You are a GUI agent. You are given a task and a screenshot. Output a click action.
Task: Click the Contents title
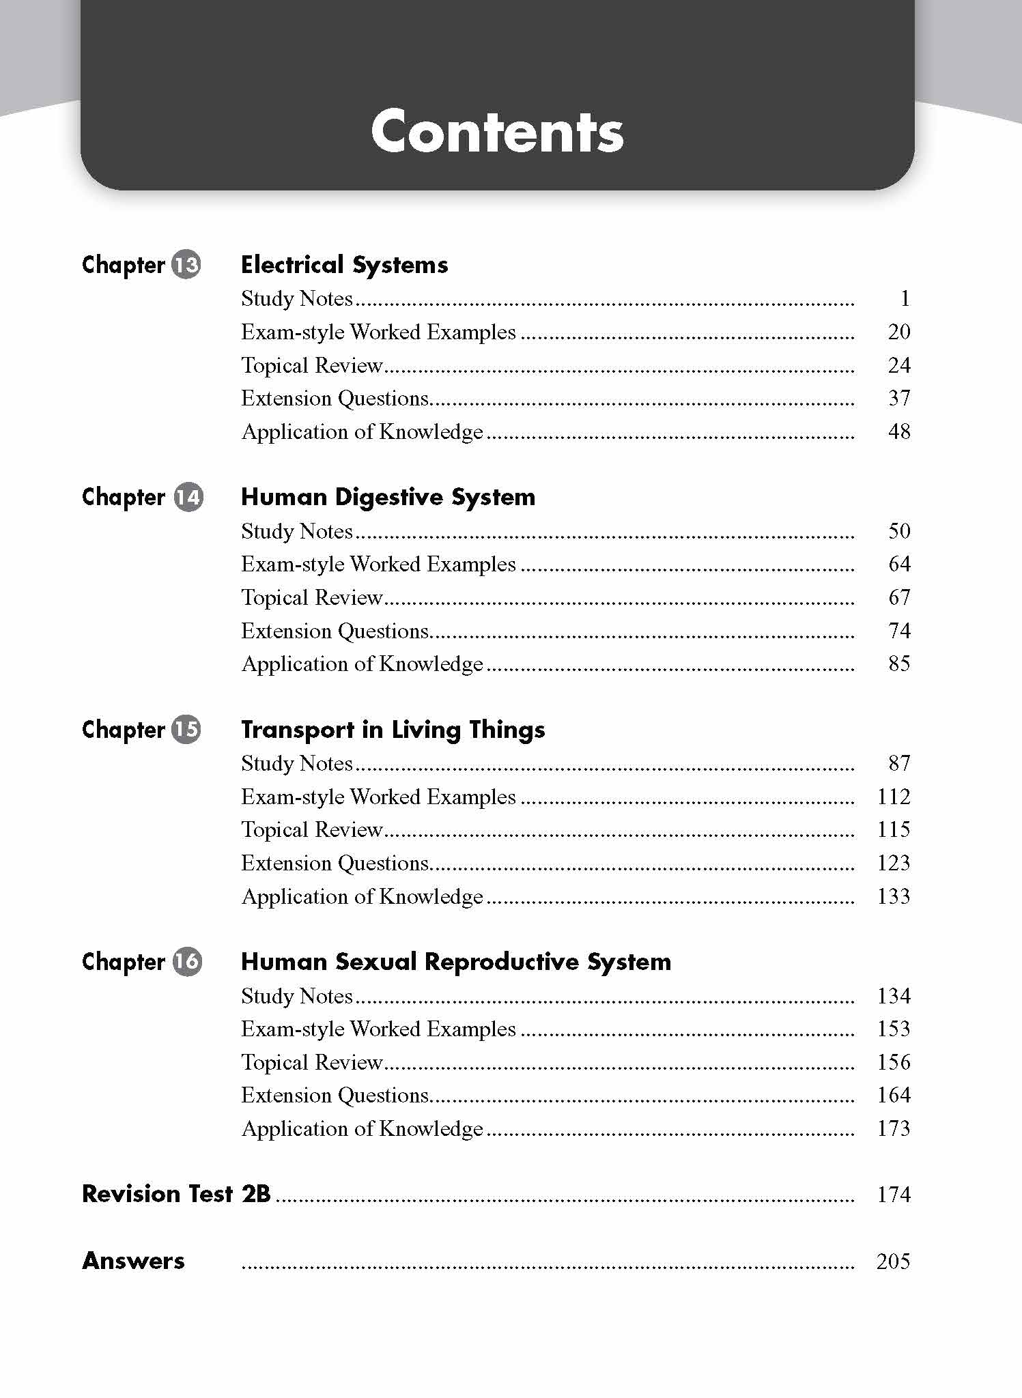pyautogui.click(x=497, y=131)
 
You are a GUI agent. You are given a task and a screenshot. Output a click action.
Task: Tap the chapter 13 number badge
pyautogui.click(x=186, y=265)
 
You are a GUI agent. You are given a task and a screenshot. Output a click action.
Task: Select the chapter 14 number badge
pyautogui.click(x=188, y=497)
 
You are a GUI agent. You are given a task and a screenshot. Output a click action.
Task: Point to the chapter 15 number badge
pyautogui.click(x=186, y=730)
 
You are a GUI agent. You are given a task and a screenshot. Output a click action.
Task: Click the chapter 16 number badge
pyautogui.click(x=186, y=962)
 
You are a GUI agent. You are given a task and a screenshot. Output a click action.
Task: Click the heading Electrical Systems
pyautogui.click(x=344, y=265)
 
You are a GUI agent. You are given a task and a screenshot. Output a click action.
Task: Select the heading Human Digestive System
pyautogui.click(x=388, y=497)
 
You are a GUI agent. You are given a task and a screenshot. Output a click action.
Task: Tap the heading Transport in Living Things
pyautogui.click(x=393, y=730)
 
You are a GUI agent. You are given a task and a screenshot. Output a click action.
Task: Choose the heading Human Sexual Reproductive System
pyautogui.click(x=456, y=962)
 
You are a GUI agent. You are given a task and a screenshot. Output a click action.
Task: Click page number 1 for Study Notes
pyautogui.click(x=905, y=298)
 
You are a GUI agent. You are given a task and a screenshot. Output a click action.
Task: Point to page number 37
pyautogui.click(x=899, y=398)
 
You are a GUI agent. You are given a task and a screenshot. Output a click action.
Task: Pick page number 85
pyautogui.click(x=899, y=664)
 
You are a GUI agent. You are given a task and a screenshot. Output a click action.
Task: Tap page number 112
pyautogui.click(x=894, y=797)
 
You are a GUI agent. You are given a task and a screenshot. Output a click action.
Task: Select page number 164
pyautogui.click(x=894, y=1095)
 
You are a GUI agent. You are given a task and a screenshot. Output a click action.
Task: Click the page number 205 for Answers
pyautogui.click(x=893, y=1261)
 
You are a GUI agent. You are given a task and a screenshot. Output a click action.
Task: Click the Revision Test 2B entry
pyautogui.click(x=176, y=1194)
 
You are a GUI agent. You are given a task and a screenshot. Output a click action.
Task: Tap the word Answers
pyautogui.click(x=133, y=1261)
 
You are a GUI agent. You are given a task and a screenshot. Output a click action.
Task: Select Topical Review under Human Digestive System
pyautogui.click(x=311, y=597)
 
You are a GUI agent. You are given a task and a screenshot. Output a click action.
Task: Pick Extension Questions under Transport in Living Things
pyautogui.click(x=335, y=863)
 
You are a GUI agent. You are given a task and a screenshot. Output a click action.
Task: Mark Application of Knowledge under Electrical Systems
pyautogui.click(x=362, y=431)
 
